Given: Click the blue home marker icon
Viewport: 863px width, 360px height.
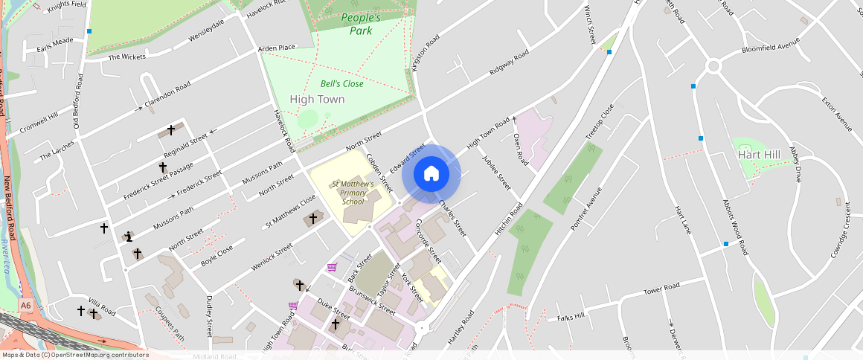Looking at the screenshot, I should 431,174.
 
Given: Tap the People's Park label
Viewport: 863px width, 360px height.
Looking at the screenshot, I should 360,24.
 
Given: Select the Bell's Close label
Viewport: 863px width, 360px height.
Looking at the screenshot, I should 342,84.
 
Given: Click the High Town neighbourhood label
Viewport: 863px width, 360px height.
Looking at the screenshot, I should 317,99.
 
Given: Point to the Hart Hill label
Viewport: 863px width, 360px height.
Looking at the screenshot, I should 759,155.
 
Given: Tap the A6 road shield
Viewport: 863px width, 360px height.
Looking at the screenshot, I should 26,305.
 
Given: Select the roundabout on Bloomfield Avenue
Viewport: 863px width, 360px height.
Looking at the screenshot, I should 713,66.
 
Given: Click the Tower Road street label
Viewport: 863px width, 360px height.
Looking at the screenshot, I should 661,288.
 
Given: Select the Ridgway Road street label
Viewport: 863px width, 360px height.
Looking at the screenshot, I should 509,62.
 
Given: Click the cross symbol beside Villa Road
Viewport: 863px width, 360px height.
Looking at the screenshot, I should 81,310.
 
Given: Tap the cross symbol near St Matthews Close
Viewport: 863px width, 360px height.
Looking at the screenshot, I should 313,218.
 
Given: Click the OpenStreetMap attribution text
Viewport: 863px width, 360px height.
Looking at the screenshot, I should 74,355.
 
